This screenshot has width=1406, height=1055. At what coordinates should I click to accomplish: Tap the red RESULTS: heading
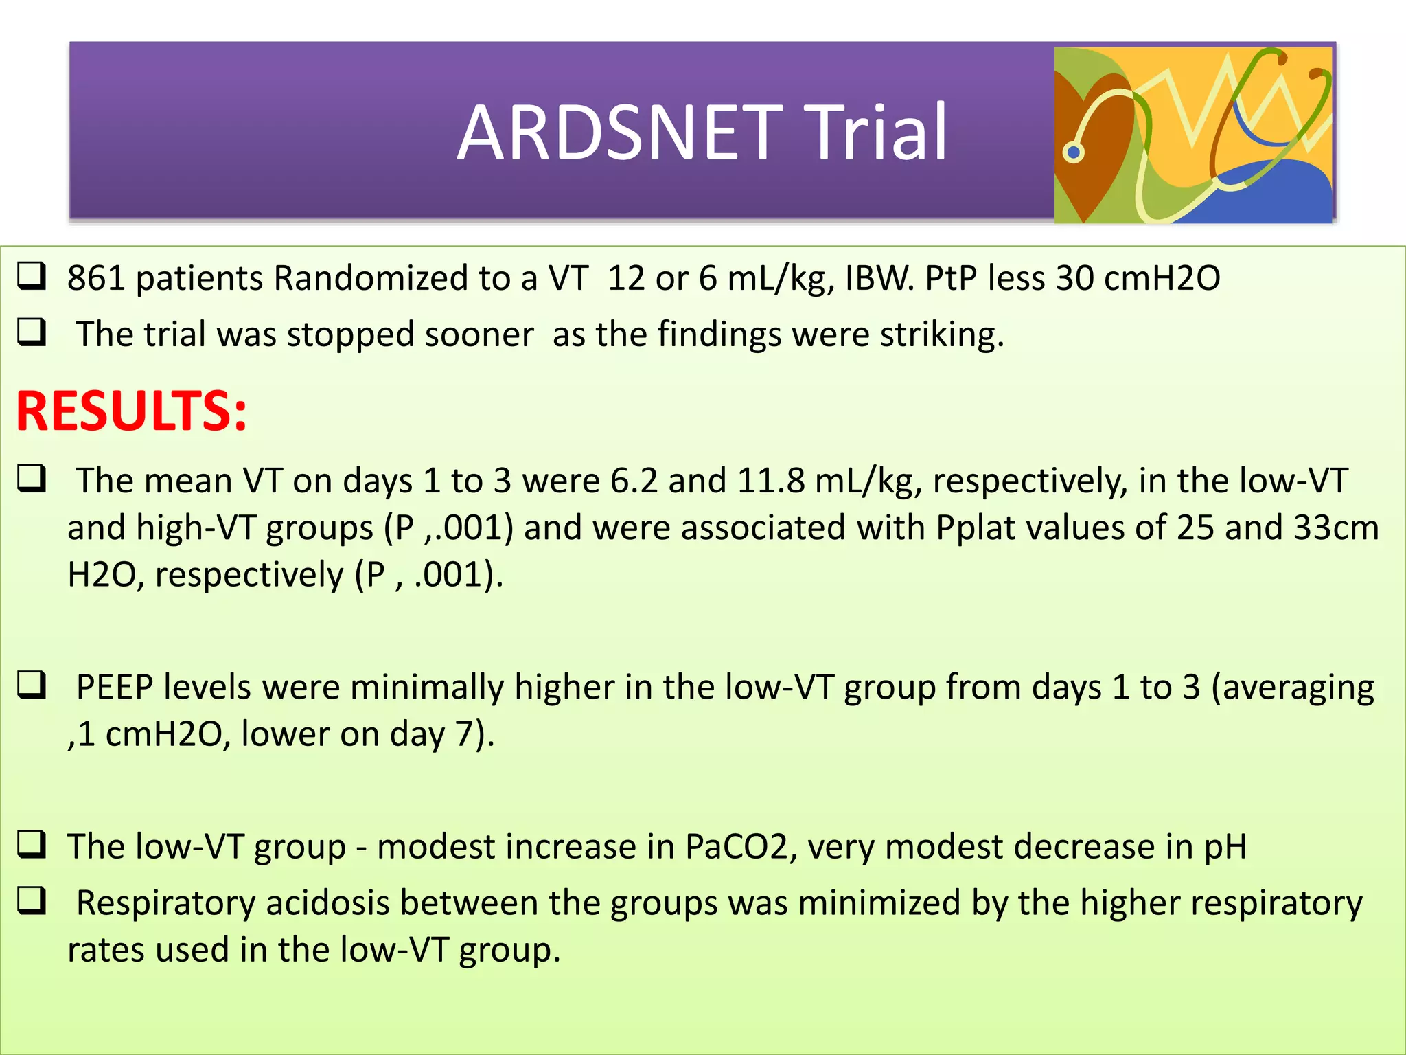[131, 411]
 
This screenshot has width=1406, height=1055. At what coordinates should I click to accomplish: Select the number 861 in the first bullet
[96, 278]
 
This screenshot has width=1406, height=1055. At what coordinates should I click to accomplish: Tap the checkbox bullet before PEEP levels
[32, 685]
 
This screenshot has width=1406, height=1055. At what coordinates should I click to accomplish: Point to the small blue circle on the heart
[1074, 152]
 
